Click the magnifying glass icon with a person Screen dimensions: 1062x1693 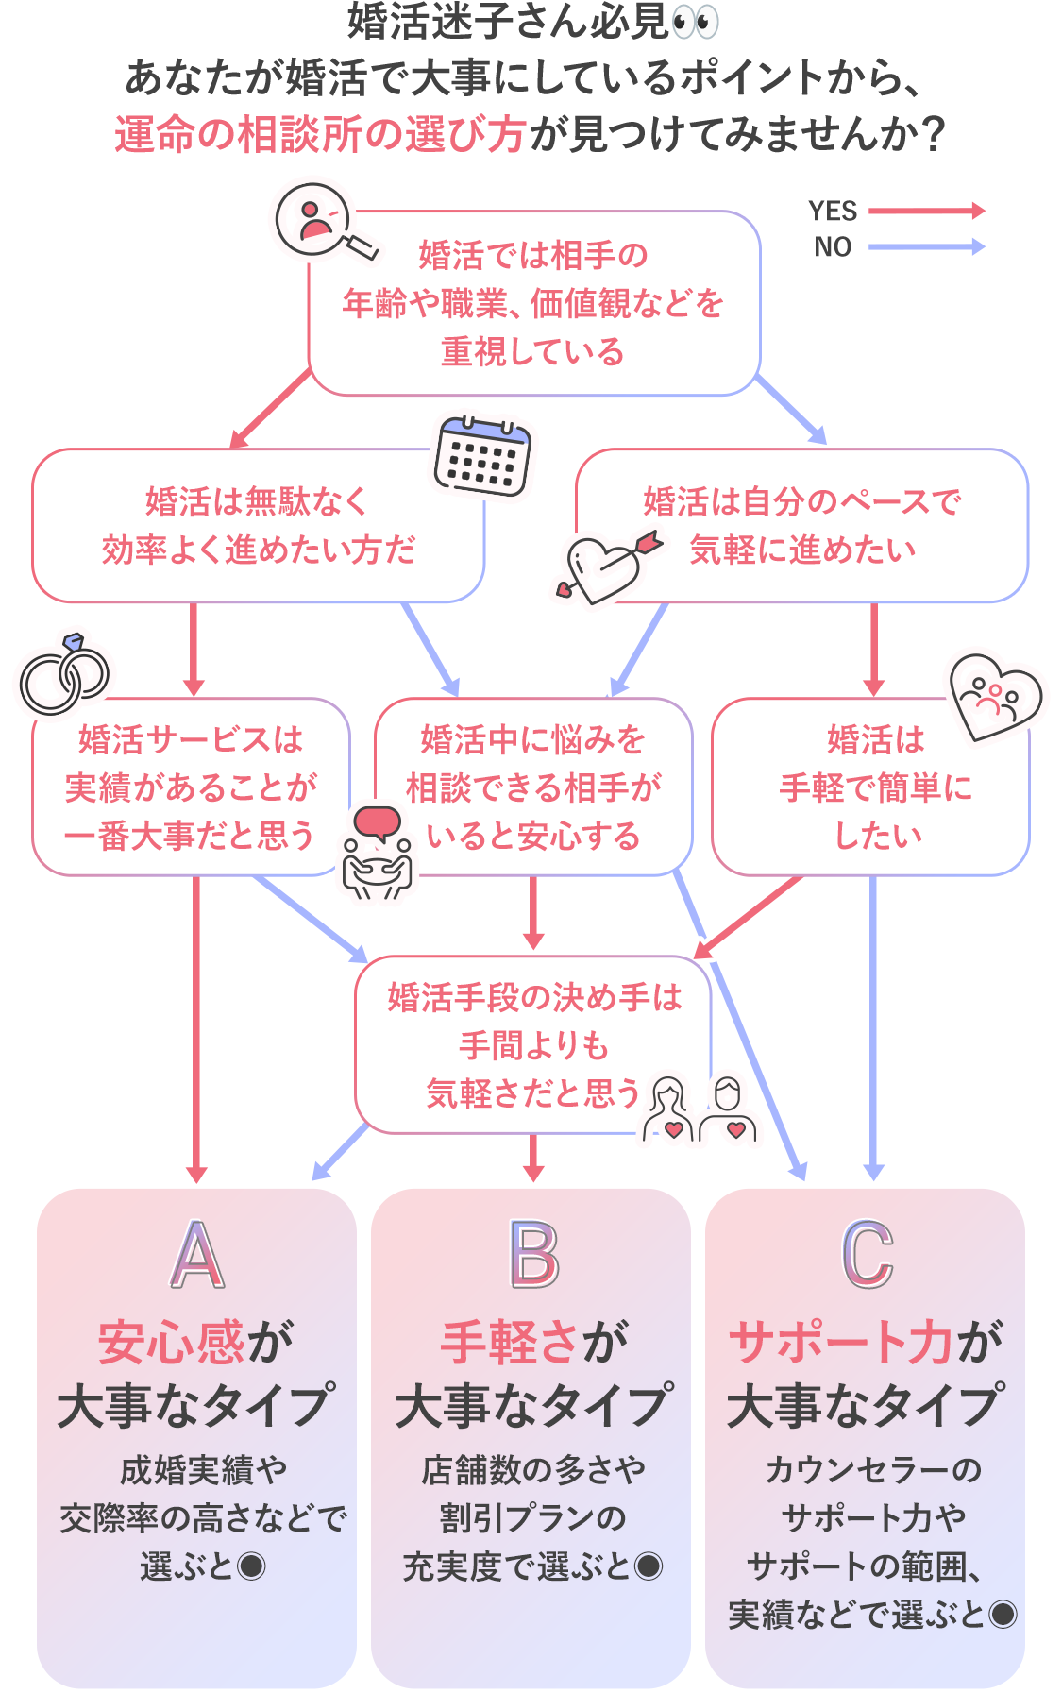point(325,223)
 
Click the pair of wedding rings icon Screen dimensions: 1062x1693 point(64,674)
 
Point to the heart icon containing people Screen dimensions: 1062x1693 point(995,697)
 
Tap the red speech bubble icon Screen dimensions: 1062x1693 point(377,824)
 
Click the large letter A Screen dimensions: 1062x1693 point(197,1255)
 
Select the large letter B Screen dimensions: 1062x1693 point(534,1255)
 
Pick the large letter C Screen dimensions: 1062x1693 point(868,1255)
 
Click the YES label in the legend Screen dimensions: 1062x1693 point(833,211)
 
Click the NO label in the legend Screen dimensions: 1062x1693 point(833,246)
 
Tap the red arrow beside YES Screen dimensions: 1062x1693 point(927,211)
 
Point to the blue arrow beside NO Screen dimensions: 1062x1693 point(927,246)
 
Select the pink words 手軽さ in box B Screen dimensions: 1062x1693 point(510,1342)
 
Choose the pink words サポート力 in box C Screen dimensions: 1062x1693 point(841,1342)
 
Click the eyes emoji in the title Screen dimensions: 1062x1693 point(696,22)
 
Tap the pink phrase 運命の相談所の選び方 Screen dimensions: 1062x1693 point(320,134)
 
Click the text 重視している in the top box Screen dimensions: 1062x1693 point(533,352)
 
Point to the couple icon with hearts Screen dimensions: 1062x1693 point(700,1109)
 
